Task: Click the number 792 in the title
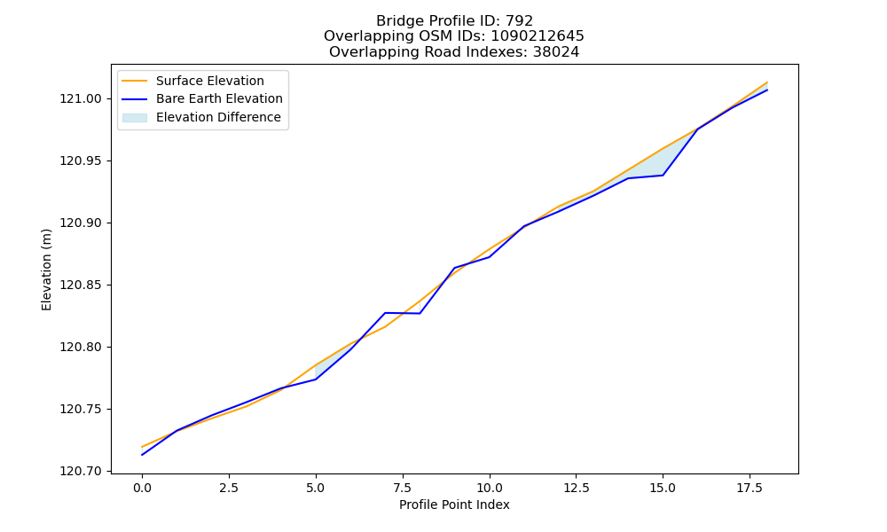(x=519, y=21)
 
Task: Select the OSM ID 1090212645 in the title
(x=538, y=36)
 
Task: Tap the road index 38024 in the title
(x=556, y=52)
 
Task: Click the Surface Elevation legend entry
(x=210, y=81)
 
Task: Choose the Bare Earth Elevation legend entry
(x=219, y=98)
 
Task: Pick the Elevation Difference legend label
(x=218, y=117)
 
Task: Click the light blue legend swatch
(x=135, y=118)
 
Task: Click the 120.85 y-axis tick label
(x=81, y=285)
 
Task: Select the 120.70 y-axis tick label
(x=81, y=471)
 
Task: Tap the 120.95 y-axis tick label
(x=81, y=161)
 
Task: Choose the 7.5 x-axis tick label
(x=402, y=488)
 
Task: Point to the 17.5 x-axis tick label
(x=750, y=488)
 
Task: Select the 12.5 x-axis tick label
(x=576, y=488)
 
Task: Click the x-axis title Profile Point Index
(x=454, y=505)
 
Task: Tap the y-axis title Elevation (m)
(x=46, y=270)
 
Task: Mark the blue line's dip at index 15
(x=663, y=176)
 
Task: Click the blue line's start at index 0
(x=142, y=455)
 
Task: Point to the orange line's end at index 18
(x=767, y=82)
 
